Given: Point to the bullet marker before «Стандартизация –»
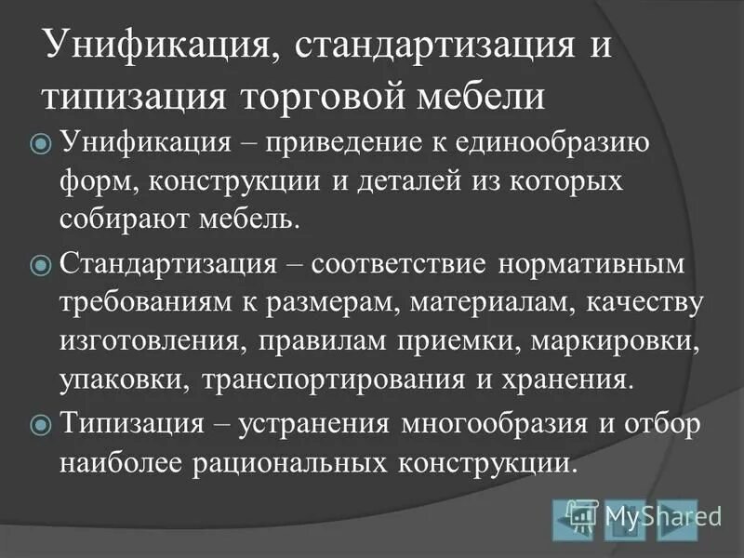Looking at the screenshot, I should click(x=41, y=266).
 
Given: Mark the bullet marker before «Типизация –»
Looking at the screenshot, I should click(x=41, y=425).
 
